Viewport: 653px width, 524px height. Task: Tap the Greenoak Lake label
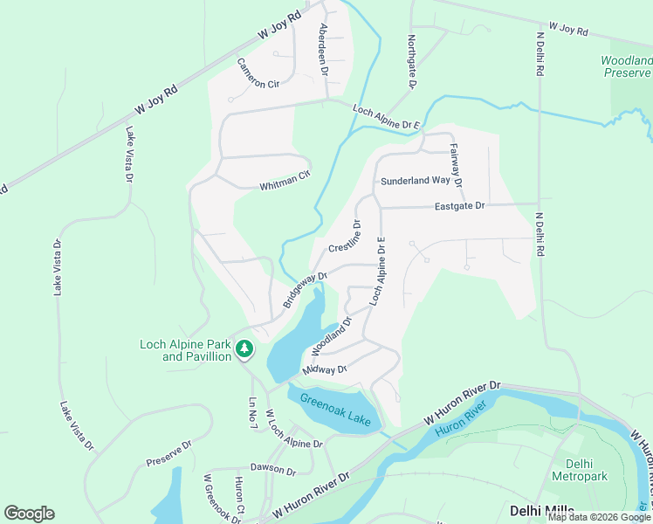pos(336,410)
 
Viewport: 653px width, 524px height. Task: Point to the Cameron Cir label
pos(258,73)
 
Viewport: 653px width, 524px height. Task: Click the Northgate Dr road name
pos(411,61)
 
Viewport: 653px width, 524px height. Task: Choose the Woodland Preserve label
pos(626,67)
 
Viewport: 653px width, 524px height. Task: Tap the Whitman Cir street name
pos(285,180)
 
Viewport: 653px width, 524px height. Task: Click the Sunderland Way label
pos(415,181)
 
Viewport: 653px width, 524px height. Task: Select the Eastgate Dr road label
pos(459,206)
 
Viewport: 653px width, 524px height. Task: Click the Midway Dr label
pos(325,370)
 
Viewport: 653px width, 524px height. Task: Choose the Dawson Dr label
pos(272,469)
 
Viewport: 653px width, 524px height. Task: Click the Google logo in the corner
pos(29,514)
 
